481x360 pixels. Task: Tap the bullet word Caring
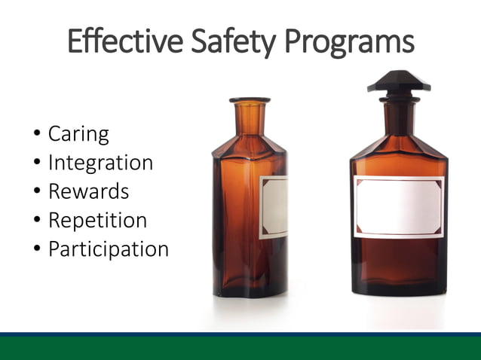pos(78,135)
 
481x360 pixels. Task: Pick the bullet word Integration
pos(100,163)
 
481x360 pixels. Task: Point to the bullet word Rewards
pos(88,191)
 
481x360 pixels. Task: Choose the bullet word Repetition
pos(97,221)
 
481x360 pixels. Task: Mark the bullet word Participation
pos(108,249)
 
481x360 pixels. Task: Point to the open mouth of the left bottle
pos(250,99)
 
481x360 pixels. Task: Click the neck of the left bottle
pos(250,119)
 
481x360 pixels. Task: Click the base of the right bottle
pos(399,286)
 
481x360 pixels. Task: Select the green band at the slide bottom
pos(240,349)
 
